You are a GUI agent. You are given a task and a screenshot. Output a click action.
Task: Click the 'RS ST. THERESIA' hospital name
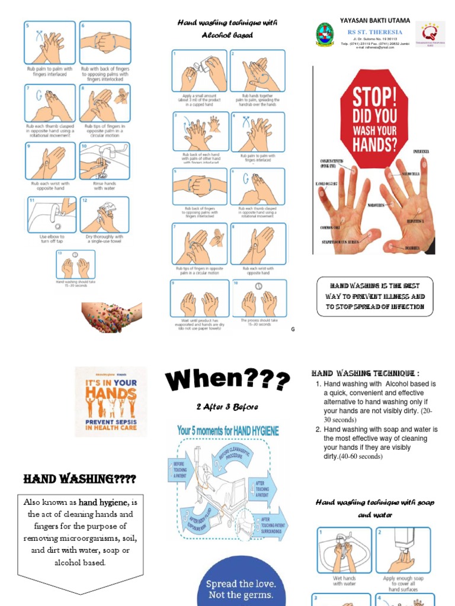point(374,32)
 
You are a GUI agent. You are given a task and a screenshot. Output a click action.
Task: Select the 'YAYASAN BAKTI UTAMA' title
point(374,20)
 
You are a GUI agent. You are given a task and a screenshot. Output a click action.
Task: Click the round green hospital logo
point(325,34)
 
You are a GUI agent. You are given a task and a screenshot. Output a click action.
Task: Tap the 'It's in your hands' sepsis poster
point(111,401)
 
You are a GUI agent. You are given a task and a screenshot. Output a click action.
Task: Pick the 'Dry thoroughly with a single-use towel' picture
point(104,214)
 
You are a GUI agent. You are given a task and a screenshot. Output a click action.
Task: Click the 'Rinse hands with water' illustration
point(104,161)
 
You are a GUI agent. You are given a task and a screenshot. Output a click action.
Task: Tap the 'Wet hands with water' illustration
point(344,550)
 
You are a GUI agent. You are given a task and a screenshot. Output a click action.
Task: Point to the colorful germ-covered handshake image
point(111,317)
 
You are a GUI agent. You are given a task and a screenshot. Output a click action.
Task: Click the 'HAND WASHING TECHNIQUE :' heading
point(365,373)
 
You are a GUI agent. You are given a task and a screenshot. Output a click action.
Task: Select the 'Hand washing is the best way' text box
point(374,296)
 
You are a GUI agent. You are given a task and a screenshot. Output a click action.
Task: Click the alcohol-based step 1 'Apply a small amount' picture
point(199,71)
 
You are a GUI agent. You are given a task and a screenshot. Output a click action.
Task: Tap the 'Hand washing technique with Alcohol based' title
point(226,29)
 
